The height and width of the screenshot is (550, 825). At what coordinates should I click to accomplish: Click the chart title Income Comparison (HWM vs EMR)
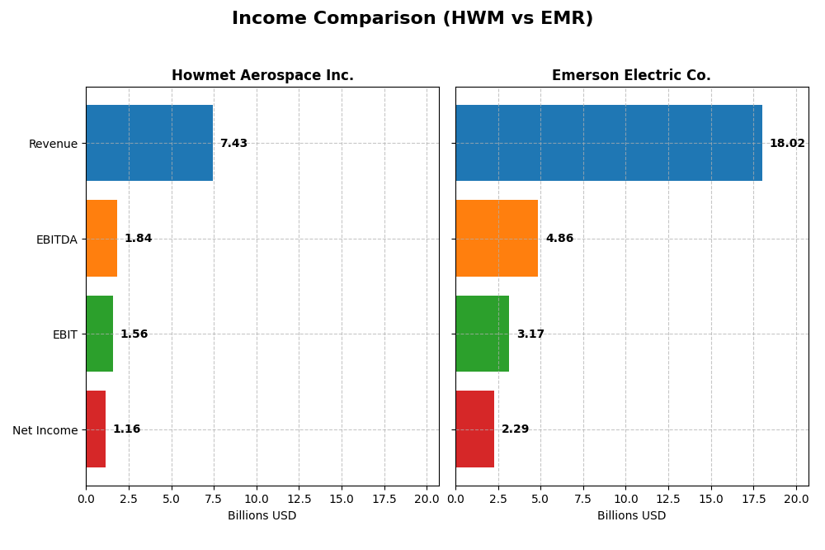coord(412,18)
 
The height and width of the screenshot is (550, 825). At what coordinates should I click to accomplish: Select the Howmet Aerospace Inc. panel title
coord(262,75)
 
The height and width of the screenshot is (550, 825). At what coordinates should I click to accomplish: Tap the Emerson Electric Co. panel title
coord(631,75)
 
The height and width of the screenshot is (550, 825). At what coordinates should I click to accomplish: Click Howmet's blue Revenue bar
coord(149,143)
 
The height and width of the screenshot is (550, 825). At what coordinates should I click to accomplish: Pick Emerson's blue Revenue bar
coord(608,143)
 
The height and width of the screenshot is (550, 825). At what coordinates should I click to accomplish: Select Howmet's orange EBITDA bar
coord(101,239)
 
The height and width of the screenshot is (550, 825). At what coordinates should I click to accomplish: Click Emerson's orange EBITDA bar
coord(497,239)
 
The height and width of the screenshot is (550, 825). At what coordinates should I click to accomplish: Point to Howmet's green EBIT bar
coord(99,334)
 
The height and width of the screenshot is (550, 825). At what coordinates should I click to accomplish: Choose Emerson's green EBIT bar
coord(482,334)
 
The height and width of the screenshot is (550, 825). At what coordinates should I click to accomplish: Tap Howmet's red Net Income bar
coord(96,429)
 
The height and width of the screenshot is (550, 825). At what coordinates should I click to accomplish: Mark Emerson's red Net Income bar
coord(474,429)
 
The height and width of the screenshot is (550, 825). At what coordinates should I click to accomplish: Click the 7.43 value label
coord(233,144)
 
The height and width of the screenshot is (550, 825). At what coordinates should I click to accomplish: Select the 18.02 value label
coord(787,144)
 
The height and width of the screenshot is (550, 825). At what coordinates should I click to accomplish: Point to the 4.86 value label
coord(559,239)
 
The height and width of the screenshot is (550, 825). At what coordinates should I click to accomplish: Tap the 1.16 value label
coord(126,429)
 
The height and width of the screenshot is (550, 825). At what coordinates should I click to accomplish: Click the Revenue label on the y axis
coord(53,144)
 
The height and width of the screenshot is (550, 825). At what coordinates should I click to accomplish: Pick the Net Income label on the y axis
coord(45,430)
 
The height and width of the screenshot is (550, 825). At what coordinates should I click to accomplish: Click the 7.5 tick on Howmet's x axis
coord(214,499)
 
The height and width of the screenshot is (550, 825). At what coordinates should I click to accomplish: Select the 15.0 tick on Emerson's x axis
coord(711,499)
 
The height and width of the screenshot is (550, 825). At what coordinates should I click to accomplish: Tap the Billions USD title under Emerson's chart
coord(631,516)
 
